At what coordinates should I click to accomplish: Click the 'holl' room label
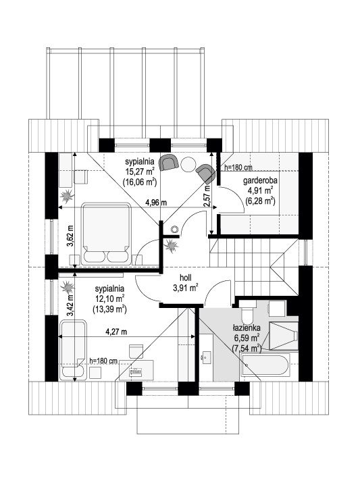pos(185,278)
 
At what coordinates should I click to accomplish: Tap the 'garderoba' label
pos(260,180)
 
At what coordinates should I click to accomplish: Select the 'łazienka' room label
pos(246,328)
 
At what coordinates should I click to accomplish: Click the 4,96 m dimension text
pos(156,203)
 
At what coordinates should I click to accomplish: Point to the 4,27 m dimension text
pos(116,332)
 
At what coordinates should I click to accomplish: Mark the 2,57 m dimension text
pos(206,196)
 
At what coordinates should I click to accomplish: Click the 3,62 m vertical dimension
pos(70,236)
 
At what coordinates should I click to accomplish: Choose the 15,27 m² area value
pos(139,172)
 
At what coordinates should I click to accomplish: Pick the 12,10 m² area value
pos(109,299)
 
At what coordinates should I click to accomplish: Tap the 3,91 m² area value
pos(185,288)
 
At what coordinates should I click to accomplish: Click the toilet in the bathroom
pos(248,312)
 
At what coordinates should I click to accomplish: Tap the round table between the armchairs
pos(188,163)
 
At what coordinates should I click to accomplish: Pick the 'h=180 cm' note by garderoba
pos(237,168)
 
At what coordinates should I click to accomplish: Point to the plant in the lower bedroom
pos(67,287)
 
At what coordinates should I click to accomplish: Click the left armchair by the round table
pos(168,162)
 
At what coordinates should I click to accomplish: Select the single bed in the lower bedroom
pos(74,350)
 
